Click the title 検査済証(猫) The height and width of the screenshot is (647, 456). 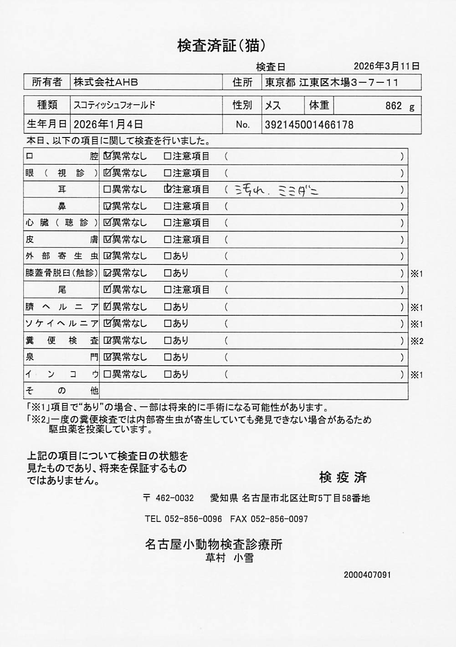click(x=221, y=46)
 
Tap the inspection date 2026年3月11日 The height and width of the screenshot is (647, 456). click(x=386, y=66)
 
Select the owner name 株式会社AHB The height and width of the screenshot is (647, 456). click(x=106, y=82)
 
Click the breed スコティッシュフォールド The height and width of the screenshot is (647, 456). click(x=115, y=105)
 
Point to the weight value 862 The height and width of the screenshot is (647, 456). click(x=393, y=106)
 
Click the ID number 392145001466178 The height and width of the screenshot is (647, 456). click(x=309, y=125)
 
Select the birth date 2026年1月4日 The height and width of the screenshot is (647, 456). click(x=108, y=124)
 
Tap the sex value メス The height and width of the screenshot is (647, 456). click(x=273, y=106)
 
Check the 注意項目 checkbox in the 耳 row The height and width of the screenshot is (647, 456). click(x=168, y=189)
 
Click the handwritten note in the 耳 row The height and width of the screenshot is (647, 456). click(x=276, y=190)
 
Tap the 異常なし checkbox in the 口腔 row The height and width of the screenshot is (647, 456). click(x=108, y=156)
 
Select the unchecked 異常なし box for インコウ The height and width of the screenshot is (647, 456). click(x=108, y=374)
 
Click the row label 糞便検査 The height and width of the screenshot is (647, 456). click(x=61, y=341)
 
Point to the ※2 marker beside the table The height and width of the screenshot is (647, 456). click(x=417, y=341)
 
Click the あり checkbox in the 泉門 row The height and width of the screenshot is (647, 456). click(x=168, y=357)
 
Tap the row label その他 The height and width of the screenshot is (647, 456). click(x=61, y=391)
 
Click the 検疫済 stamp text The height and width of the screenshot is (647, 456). click(x=343, y=477)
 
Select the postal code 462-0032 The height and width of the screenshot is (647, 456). click(x=174, y=498)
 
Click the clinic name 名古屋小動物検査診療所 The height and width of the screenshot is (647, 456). click(x=214, y=544)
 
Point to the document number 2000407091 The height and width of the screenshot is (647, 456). click(x=367, y=575)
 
